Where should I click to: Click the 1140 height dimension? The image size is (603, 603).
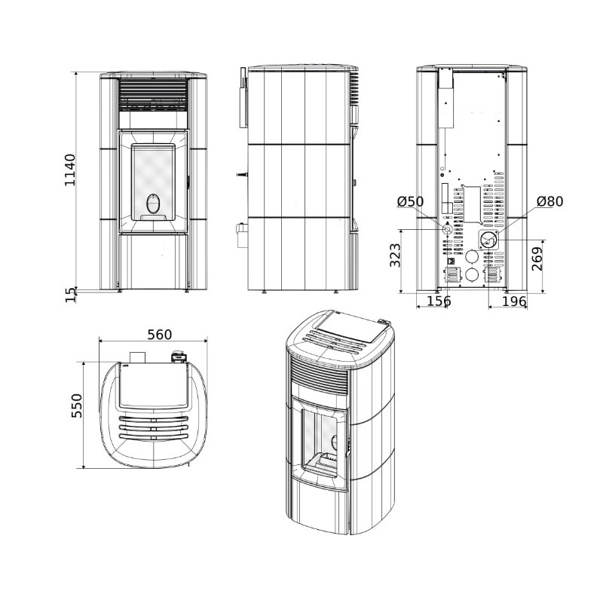pos(70,170)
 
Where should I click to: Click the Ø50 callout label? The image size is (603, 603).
pos(411,201)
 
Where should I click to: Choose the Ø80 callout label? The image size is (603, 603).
pos(550,201)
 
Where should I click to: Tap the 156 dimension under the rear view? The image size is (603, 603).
pos(439,301)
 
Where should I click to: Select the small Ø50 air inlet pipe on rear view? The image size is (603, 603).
pos(447,229)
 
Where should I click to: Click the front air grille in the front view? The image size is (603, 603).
pos(153,93)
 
